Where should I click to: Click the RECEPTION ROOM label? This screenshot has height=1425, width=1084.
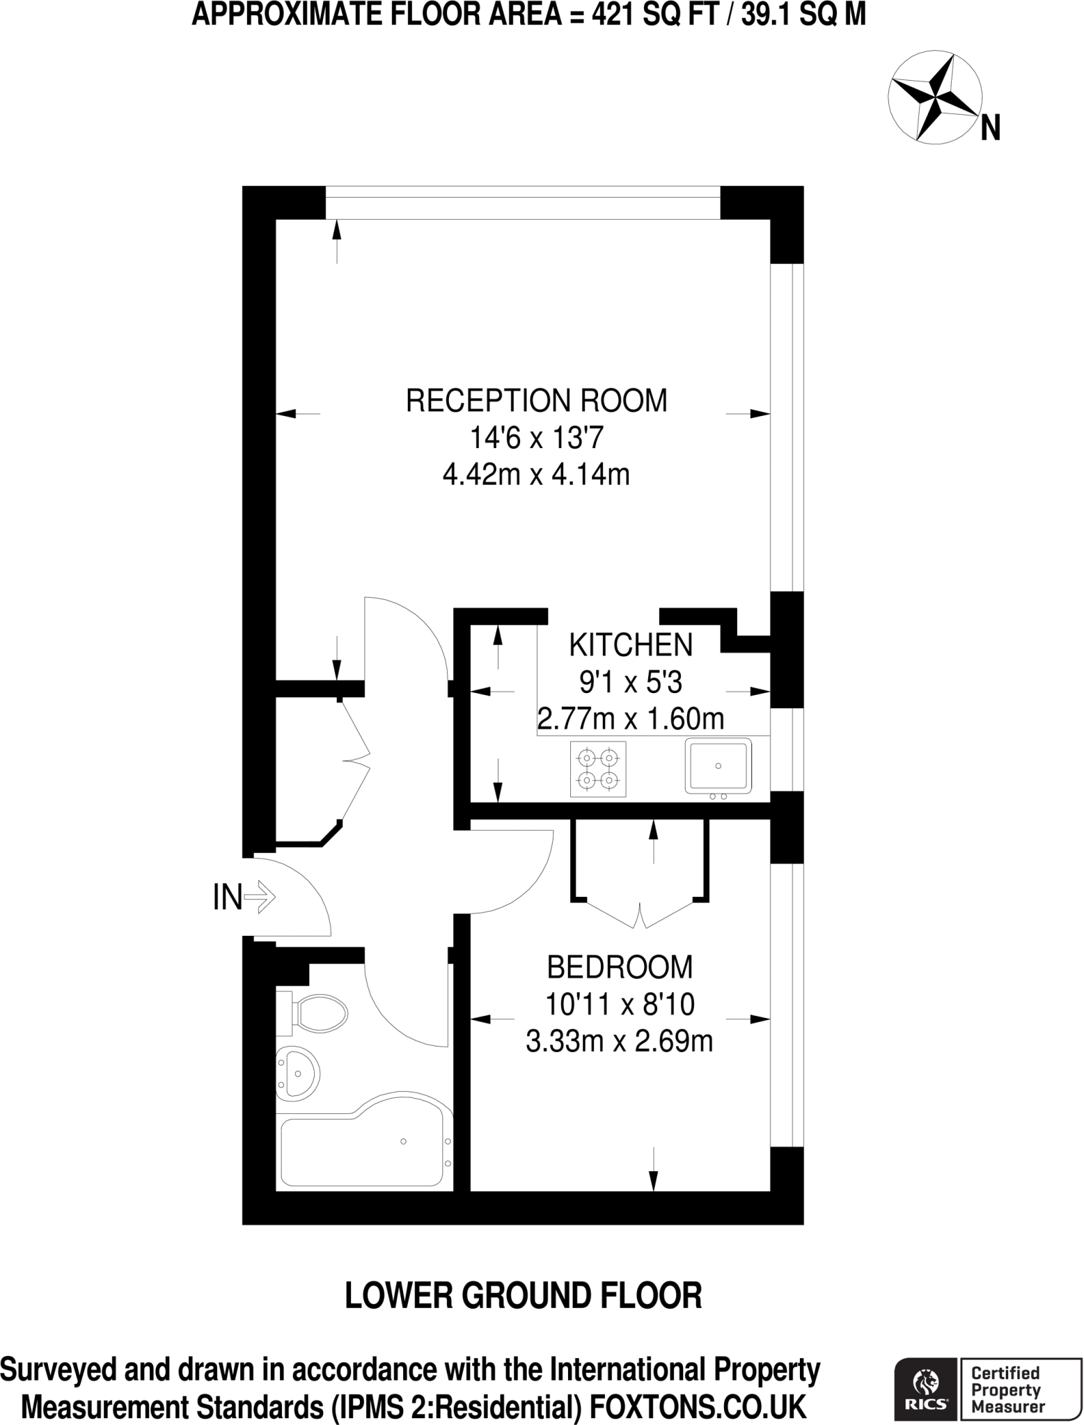point(536,401)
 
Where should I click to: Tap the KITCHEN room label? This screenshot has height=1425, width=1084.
point(631,645)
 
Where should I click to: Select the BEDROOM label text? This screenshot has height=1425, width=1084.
point(620,967)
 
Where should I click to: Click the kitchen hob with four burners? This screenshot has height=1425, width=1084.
point(598,769)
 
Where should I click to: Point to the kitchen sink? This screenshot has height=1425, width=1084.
point(718,767)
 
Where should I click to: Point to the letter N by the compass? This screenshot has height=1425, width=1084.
point(991,129)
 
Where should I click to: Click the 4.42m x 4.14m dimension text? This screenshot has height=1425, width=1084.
point(536,475)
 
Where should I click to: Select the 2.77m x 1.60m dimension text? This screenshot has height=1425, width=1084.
point(631,718)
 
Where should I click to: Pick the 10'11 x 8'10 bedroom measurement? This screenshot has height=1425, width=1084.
point(620,1005)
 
